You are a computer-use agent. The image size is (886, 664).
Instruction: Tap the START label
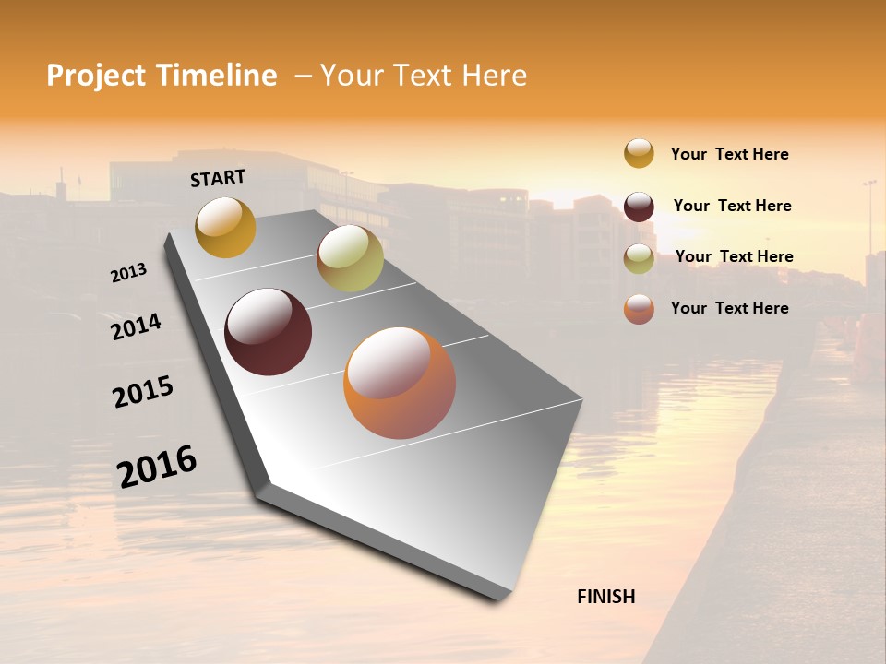[x=218, y=178]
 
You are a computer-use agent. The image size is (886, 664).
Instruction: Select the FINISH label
[x=606, y=597]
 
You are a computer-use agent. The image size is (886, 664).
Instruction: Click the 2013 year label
[x=128, y=273]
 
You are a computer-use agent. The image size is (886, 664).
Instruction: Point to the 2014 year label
[x=136, y=326]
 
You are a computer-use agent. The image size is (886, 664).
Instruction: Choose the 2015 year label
[x=143, y=392]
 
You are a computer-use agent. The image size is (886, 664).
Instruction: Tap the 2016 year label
[x=157, y=466]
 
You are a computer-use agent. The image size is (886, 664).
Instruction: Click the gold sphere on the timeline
[x=225, y=227]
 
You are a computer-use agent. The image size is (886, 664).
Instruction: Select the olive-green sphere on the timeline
[x=350, y=258]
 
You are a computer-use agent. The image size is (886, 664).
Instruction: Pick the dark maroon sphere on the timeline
[x=268, y=332]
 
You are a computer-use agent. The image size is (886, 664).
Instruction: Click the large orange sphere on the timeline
[x=400, y=383]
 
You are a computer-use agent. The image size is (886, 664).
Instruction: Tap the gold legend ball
[x=639, y=153]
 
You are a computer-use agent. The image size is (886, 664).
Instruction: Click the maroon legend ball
[x=639, y=207]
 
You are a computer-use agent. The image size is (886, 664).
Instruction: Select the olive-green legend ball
[x=639, y=258]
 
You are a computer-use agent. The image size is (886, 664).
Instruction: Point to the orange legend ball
[x=639, y=309]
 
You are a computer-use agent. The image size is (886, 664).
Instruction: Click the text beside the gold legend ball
[x=729, y=155]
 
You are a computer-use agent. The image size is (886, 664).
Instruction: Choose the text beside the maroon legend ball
[x=732, y=206]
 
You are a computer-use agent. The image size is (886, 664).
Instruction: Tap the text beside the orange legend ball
[x=729, y=308]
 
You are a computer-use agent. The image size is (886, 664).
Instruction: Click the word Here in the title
[x=494, y=76]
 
